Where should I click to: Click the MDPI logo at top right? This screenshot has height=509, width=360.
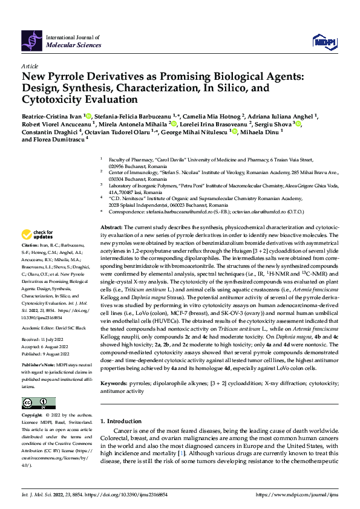tap(324, 41)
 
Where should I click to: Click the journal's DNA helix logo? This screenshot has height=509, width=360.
tap(32, 40)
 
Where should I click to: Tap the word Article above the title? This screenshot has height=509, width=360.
tap(30, 65)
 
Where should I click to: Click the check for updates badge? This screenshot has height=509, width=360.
tap(38, 235)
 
